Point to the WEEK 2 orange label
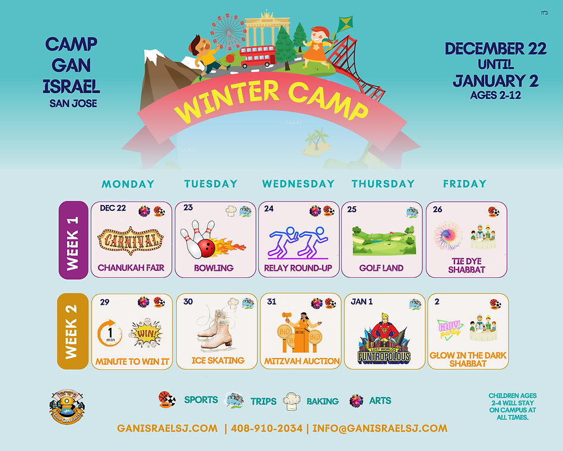[73, 331]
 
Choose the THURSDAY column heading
[383, 184]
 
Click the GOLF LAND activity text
[381, 268]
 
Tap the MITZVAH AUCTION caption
[301, 360]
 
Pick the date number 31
[272, 302]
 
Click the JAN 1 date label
[362, 302]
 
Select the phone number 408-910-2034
[266, 428]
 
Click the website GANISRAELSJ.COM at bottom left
[167, 428]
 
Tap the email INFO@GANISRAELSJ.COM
[380, 428]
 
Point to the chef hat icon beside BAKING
[293, 401]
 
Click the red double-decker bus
[258, 56]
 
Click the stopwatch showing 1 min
[110, 333]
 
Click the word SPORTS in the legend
[201, 400]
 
